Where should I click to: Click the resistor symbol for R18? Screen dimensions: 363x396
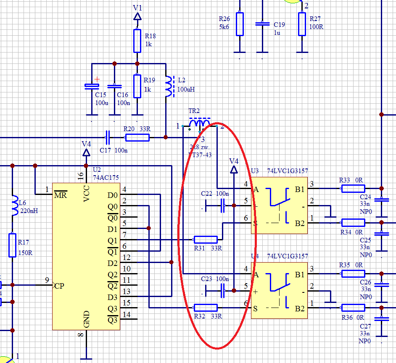[137, 41]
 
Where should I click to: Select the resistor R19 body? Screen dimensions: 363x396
[137, 86]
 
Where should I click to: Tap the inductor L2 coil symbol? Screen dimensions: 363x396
[169, 87]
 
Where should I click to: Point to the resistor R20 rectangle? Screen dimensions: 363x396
[137, 137]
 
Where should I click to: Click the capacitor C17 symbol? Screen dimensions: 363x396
[107, 137]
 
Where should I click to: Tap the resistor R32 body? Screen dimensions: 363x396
[205, 308]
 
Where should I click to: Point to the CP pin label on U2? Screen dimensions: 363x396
[59, 286]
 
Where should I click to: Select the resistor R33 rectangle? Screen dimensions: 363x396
[353, 189]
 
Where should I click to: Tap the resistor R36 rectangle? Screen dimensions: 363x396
[353, 308]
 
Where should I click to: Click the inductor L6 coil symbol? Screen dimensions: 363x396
[13, 203]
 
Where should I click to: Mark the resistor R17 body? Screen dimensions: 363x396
[13, 245]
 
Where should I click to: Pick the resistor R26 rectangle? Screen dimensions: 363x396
[239, 24]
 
